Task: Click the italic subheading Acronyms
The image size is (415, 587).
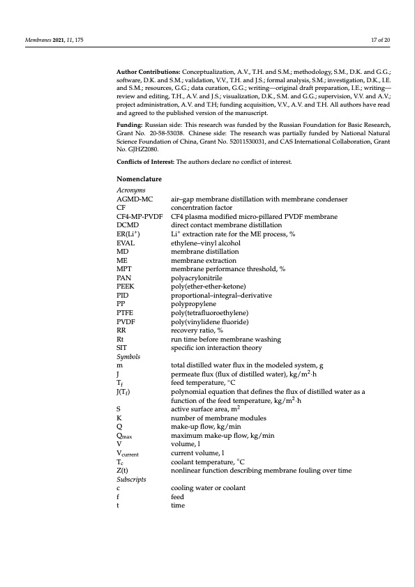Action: click(130, 190)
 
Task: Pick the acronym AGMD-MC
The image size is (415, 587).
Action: click(135, 200)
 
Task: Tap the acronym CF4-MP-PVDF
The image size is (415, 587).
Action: click(139, 217)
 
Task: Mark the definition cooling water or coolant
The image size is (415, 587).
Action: click(207, 487)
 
